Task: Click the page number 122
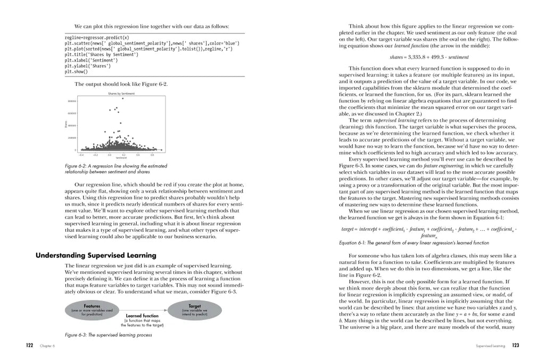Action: [30, 346]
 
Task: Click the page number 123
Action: [515, 346]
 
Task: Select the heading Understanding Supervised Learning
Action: [96, 255]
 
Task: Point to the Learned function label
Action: [141, 316]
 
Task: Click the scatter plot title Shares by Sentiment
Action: [121, 94]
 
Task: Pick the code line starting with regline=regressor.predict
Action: [96, 38]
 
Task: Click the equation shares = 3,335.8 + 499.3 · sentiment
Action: [429, 57]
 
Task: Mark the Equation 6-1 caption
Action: [414, 242]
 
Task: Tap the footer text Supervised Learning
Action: [490, 346]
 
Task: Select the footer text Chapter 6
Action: [47, 346]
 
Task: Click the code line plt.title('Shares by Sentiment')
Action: [101, 54]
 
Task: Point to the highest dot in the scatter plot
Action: [122, 98]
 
